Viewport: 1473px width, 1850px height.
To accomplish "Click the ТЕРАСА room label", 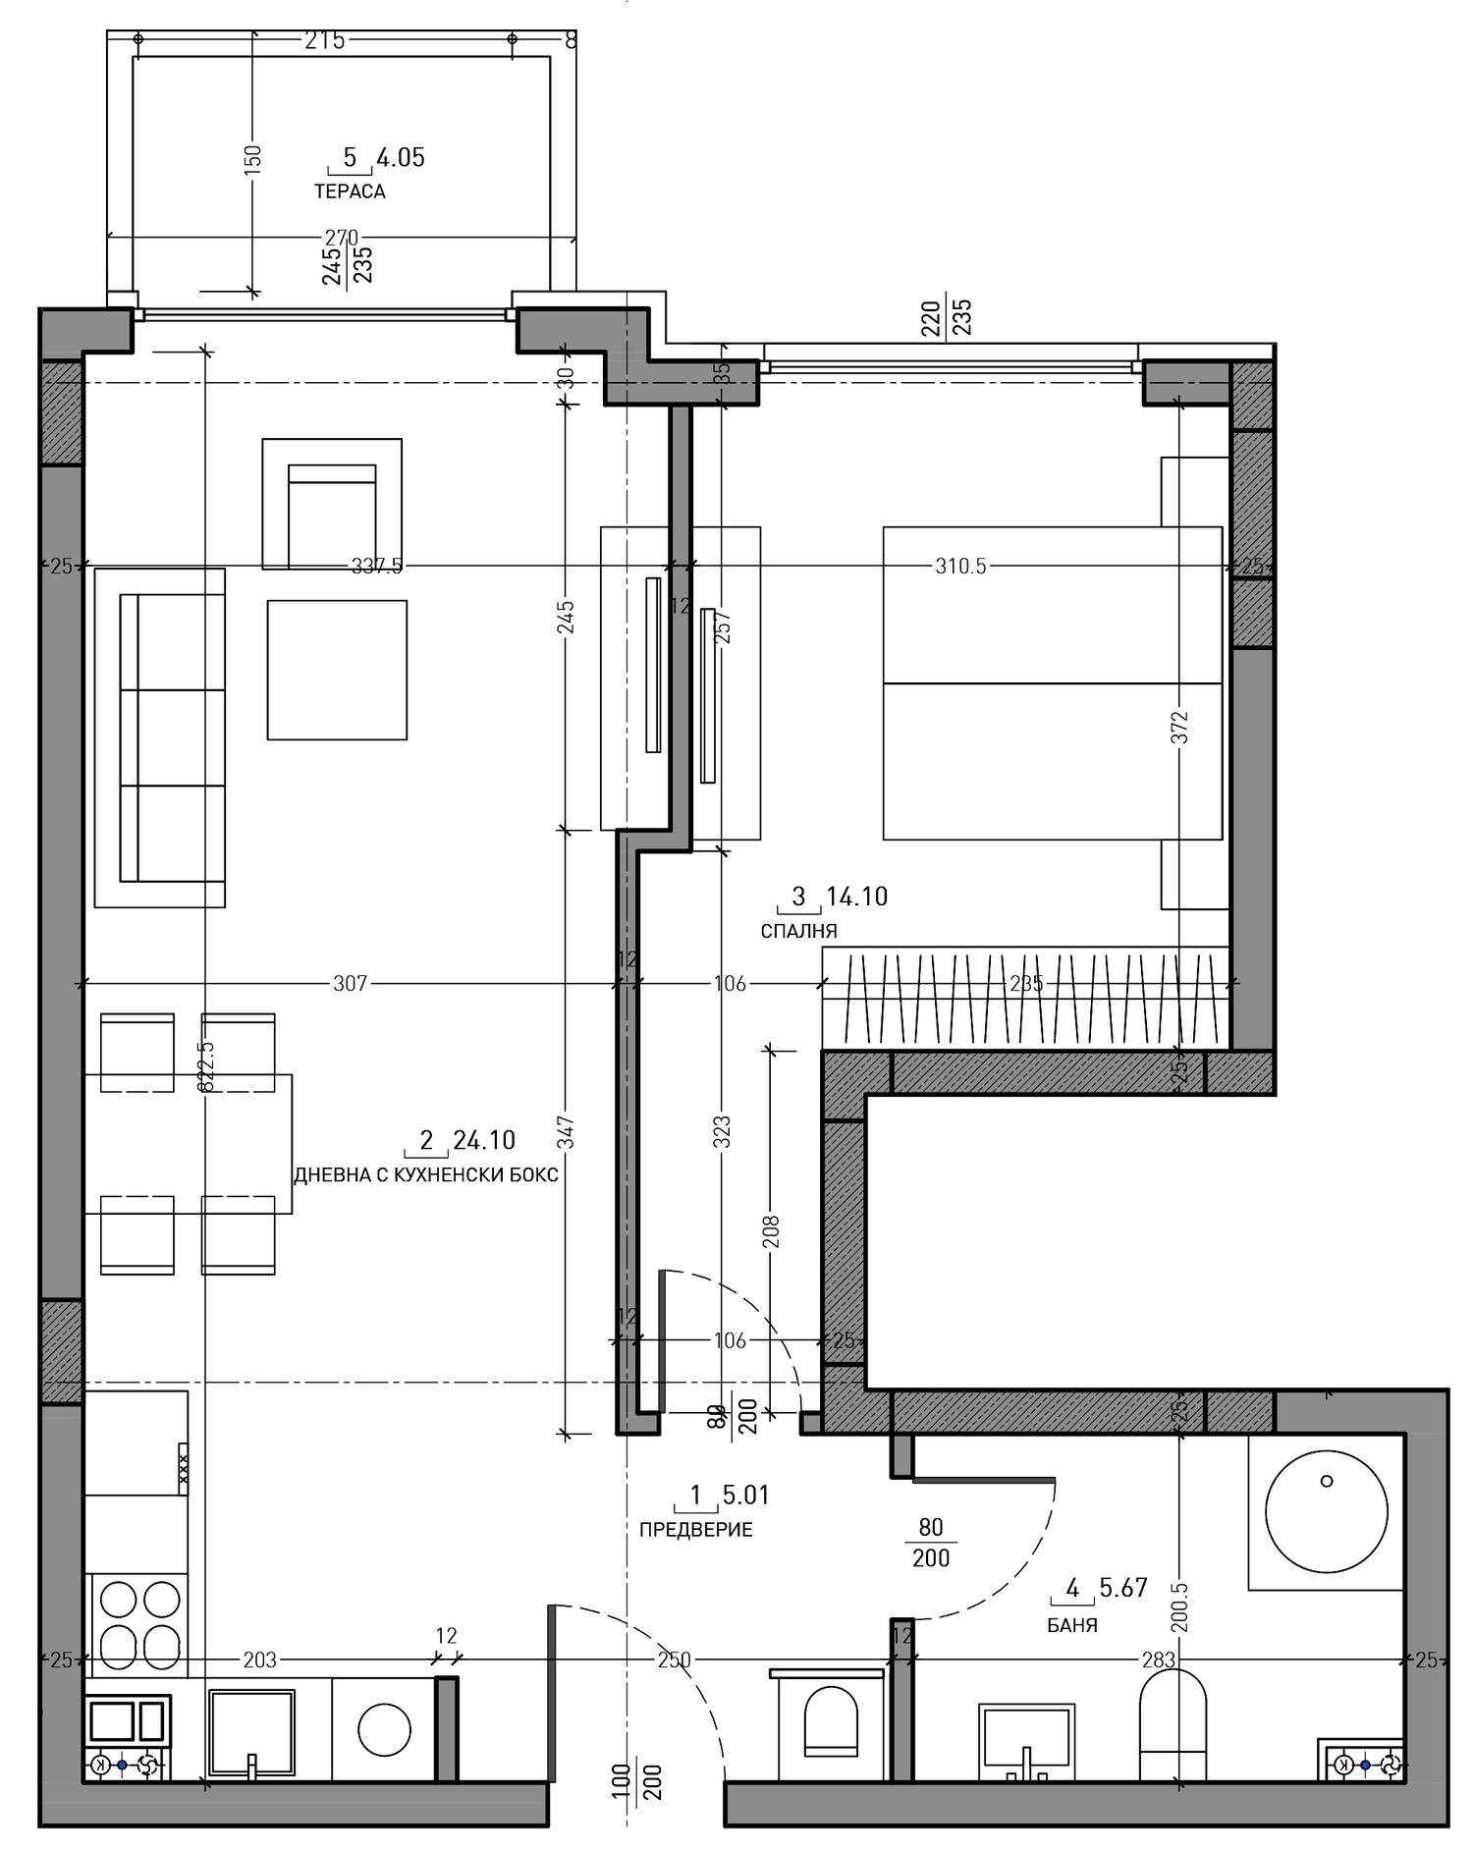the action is point(350,191).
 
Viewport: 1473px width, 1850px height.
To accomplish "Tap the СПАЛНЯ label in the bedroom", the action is point(798,931).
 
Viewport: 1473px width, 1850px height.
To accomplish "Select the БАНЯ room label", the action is point(1072,1625).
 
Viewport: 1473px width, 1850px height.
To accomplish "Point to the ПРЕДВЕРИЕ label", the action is point(695,1530).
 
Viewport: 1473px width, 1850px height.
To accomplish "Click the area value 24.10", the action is point(484,1140).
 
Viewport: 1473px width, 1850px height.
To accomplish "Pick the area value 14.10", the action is point(857,896).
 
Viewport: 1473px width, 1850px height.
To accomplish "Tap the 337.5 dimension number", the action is point(377,566).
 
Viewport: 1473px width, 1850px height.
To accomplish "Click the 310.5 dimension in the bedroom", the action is point(960,566).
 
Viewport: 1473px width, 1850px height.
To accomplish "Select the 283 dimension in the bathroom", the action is point(1159,1660).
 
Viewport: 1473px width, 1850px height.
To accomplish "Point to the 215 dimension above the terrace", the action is point(325,40).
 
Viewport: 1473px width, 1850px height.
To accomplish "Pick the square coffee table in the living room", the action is point(337,670).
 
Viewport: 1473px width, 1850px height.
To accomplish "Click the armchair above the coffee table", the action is point(332,504).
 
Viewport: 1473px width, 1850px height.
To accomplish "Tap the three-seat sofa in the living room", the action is point(160,737).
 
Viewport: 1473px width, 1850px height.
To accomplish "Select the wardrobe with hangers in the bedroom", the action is point(1025,998).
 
